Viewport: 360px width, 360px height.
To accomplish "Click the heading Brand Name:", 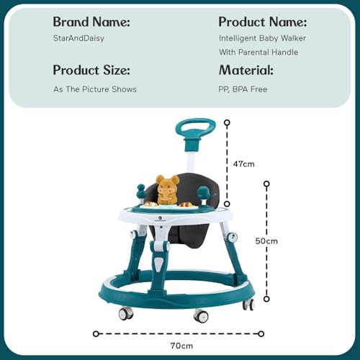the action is coord(91,22).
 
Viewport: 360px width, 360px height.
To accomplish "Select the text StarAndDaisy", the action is coord(78,38).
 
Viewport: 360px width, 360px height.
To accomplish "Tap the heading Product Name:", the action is coord(263,22).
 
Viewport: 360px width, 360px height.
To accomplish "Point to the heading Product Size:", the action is coord(91,71).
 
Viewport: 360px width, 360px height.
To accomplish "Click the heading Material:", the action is coord(246,71).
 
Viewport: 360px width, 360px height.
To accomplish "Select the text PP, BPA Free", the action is coord(243,89).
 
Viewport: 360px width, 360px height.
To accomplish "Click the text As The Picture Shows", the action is coord(95,89).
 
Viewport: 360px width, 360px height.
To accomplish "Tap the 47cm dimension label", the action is coord(243,164).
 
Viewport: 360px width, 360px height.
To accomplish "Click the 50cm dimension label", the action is coord(266,241).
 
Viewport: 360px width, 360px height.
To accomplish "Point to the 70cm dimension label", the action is coord(181,346).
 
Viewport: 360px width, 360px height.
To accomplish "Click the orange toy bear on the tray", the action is coord(167,190).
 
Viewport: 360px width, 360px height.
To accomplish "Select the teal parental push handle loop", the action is coord(195,128).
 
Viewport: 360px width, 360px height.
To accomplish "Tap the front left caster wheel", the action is coord(125,313).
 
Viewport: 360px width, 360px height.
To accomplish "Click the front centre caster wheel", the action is coord(201,315).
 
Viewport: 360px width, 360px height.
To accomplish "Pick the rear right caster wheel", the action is coord(248,305).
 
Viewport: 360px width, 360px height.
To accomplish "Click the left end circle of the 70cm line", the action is coord(96,334).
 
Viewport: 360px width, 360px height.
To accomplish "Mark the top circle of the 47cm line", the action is coord(227,122).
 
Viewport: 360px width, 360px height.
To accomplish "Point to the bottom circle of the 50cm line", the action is coord(266,299).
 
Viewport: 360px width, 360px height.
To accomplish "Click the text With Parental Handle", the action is coord(258,53).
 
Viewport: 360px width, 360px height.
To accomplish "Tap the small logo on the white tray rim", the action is coord(161,218).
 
